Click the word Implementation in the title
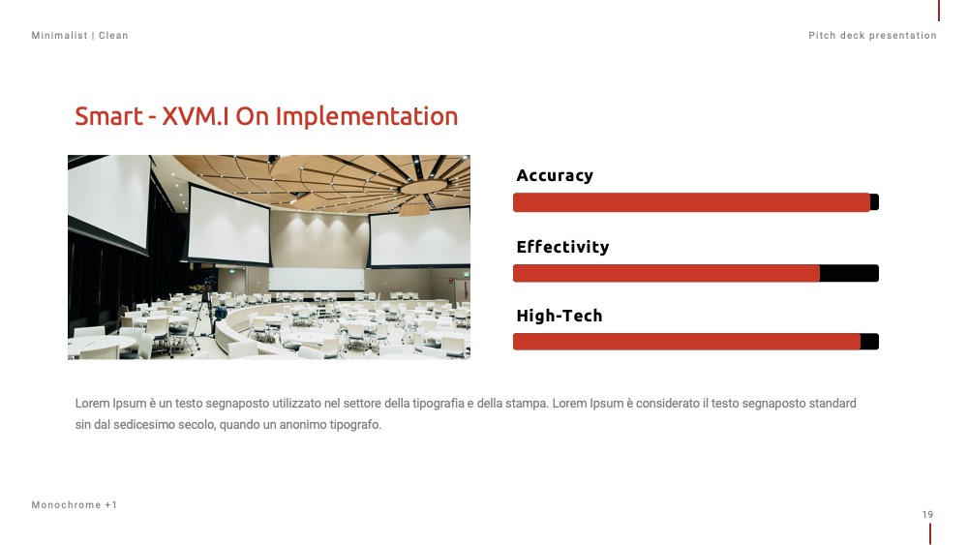[366, 117]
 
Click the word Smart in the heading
[108, 116]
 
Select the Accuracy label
[555, 176]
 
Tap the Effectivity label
[562, 247]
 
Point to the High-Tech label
[559, 316]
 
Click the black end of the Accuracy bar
[874, 202]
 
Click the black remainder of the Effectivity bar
[849, 273]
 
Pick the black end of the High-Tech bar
[869, 342]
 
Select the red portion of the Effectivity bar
[666, 273]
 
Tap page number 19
[927, 514]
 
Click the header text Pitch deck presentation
[872, 35]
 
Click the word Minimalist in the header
[59, 35]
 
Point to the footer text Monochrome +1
[75, 505]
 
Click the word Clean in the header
[113, 35]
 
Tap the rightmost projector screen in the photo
[419, 237]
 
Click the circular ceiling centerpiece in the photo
[423, 187]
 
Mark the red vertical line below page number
[929, 534]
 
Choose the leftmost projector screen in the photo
[108, 200]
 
